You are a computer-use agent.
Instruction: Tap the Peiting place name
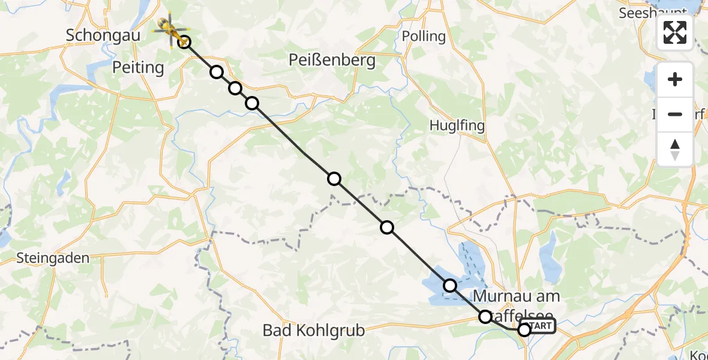pos(138,68)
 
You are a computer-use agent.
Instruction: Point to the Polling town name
pos(424,36)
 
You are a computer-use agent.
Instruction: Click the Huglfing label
pos(457,126)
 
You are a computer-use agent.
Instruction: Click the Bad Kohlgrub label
pos(314,331)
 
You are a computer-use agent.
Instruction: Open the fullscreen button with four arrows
pos(675,32)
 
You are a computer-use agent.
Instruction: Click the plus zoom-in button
pos(675,80)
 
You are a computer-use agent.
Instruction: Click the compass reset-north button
pos(675,149)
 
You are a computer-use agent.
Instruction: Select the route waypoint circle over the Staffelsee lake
pos(450,286)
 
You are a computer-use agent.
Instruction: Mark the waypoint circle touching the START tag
pos(524,329)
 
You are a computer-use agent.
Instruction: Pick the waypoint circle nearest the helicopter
pos(185,42)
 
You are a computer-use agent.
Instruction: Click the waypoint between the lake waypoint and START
pos(485,316)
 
